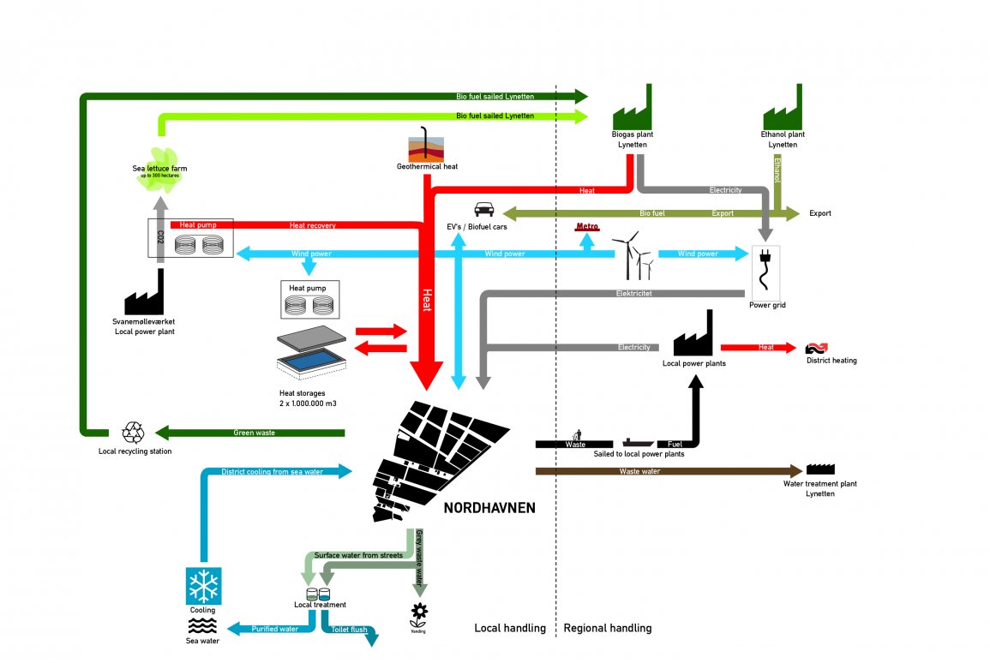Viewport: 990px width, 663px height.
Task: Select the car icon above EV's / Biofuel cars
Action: [483, 209]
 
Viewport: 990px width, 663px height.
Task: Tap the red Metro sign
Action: [587, 228]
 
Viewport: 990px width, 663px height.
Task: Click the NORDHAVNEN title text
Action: [489, 508]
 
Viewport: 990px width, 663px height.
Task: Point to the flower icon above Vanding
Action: [418, 612]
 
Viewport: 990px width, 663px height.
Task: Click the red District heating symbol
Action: [814, 348]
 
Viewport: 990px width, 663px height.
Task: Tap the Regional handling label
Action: [607, 628]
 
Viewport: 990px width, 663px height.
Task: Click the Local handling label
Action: [510, 628]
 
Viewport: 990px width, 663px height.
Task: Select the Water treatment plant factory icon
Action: [820, 469]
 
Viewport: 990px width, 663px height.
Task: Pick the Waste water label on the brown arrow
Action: [639, 471]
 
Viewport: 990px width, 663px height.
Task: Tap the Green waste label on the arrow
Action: [254, 433]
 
